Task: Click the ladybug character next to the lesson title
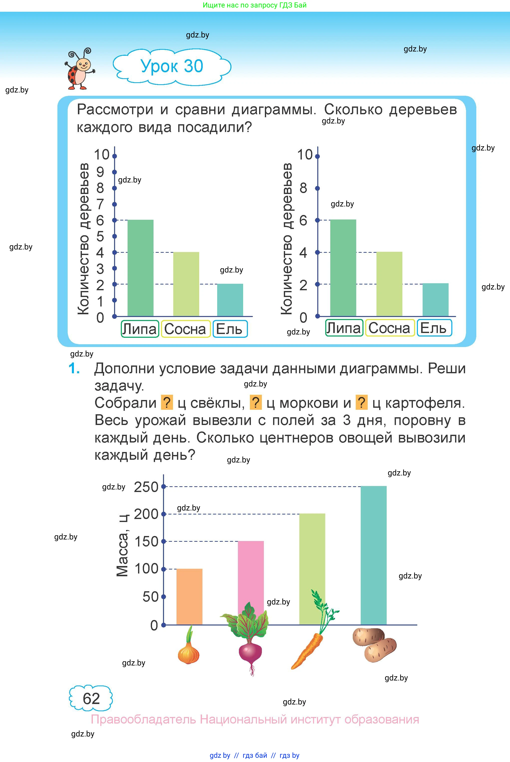click(x=79, y=69)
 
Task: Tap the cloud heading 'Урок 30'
click(x=172, y=66)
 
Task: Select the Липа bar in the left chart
click(x=140, y=268)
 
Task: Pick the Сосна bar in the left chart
click(x=186, y=284)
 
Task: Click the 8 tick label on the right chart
click(x=303, y=188)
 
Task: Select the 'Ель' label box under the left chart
click(x=230, y=329)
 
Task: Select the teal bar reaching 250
click(x=373, y=555)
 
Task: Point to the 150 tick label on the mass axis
click(x=146, y=541)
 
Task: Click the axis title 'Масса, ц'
click(x=123, y=550)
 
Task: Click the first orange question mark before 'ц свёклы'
click(x=167, y=403)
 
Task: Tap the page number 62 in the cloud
click(x=91, y=699)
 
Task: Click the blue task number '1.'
click(x=74, y=369)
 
